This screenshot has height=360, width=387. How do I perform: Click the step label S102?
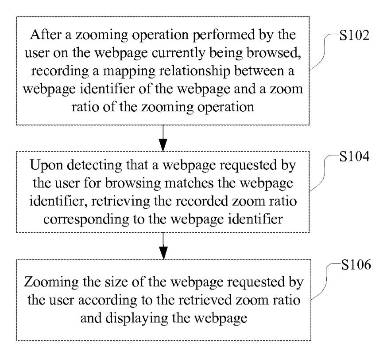click(x=354, y=36)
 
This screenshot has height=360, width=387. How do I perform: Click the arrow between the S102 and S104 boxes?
click(x=163, y=138)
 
